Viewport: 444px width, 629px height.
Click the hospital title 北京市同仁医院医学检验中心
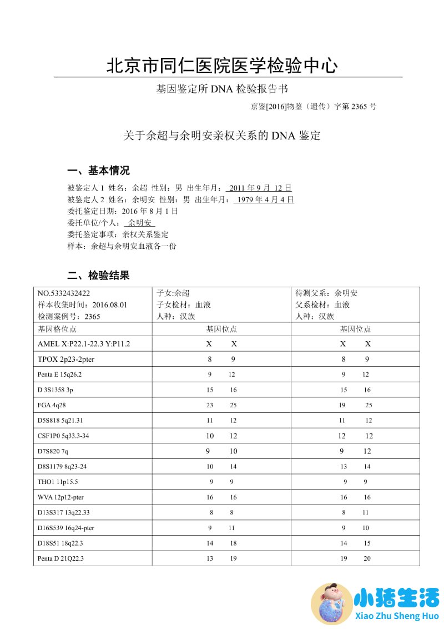tap(222, 66)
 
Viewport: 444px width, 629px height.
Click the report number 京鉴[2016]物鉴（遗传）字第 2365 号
tap(314, 106)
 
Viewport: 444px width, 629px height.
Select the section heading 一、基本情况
tap(98, 171)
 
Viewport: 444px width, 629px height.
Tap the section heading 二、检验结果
tap(98, 276)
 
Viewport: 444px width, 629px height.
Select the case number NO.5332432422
tap(64, 293)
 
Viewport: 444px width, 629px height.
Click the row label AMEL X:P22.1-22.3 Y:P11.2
tap(84, 344)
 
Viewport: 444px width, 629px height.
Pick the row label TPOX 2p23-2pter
tap(66, 359)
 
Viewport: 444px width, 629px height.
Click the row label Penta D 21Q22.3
tap(60, 558)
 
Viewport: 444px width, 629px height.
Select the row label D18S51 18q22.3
tap(60, 543)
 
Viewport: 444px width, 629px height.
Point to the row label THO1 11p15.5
tap(58, 482)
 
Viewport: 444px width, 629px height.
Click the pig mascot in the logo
tap(331, 603)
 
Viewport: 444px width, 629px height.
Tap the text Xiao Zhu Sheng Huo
tap(396, 616)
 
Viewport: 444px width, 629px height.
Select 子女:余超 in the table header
tap(173, 293)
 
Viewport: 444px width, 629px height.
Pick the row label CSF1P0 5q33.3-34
tap(63, 436)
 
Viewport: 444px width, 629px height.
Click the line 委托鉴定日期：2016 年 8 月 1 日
tap(123, 211)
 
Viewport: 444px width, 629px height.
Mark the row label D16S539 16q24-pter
tap(65, 528)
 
